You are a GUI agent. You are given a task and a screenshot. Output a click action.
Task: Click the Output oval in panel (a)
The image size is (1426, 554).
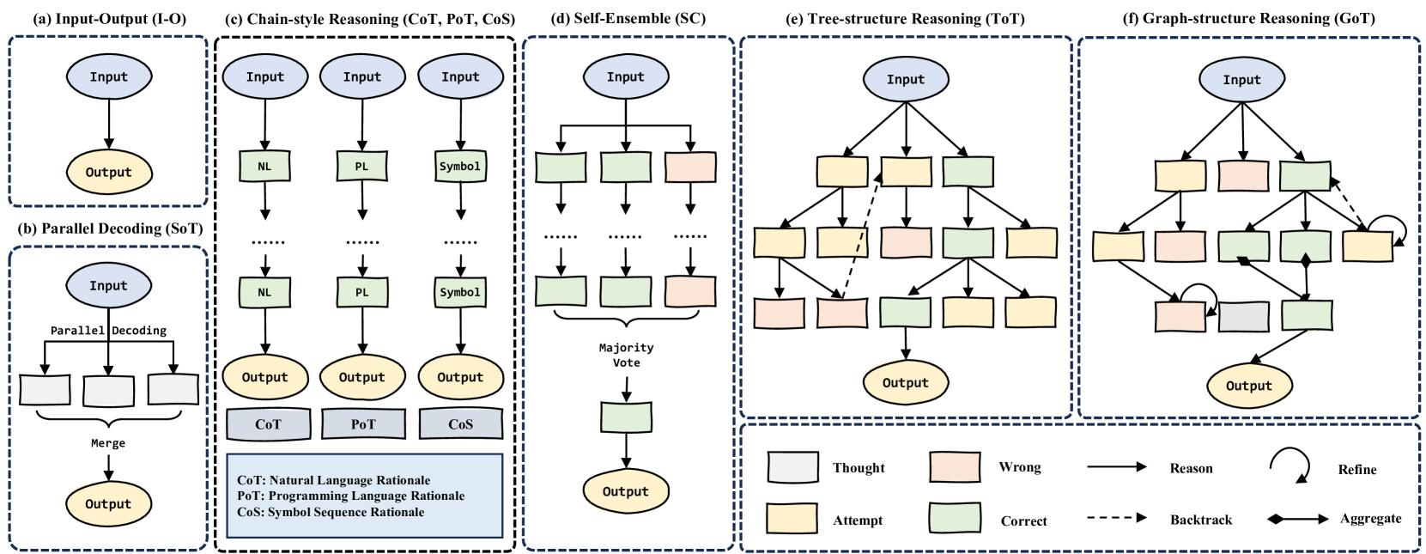pyautogui.click(x=108, y=172)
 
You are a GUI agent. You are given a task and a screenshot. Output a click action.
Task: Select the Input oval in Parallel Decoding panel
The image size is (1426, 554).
pyautogui.click(x=108, y=285)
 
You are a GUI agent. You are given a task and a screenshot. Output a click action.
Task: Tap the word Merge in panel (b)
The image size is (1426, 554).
pyautogui.click(x=108, y=443)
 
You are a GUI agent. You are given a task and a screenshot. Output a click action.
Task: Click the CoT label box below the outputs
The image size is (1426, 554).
pyautogui.click(x=268, y=423)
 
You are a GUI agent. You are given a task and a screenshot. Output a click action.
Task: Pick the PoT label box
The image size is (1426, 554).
pyautogui.click(x=363, y=423)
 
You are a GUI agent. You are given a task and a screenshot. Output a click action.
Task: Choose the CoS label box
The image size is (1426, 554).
pyautogui.click(x=460, y=423)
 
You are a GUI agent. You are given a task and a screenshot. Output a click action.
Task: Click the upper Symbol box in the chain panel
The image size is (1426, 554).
pyautogui.click(x=460, y=167)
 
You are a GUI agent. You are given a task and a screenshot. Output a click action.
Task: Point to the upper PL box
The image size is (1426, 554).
pyautogui.click(x=361, y=167)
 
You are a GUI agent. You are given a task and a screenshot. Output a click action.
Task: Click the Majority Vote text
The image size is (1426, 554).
pyautogui.click(x=626, y=355)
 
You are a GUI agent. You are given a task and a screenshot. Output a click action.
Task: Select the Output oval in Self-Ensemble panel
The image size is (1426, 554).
pyautogui.click(x=625, y=491)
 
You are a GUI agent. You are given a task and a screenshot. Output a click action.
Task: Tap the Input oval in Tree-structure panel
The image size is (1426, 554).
pyautogui.click(x=905, y=79)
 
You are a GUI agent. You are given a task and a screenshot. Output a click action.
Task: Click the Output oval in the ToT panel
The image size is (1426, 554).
pyautogui.click(x=905, y=383)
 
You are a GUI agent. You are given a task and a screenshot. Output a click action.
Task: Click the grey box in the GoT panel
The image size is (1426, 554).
pyautogui.click(x=1243, y=317)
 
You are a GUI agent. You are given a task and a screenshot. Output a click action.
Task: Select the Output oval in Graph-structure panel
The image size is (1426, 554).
pyautogui.click(x=1248, y=386)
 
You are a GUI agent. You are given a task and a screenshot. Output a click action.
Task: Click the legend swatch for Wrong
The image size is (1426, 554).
pyautogui.click(x=955, y=467)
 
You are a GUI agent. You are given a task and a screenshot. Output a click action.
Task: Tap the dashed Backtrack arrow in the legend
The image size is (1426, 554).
pyautogui.click(x=1116, y=519)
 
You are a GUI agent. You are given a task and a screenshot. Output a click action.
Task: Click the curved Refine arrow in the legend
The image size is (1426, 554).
pyautogui.click(x=1290, y=466)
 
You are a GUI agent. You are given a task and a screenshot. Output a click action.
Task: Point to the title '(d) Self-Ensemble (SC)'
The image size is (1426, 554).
pyautogui.click(x=628, y=18)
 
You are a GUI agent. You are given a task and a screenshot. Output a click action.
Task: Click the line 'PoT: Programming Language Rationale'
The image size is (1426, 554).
pyautogui.click(x=350, y=496)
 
